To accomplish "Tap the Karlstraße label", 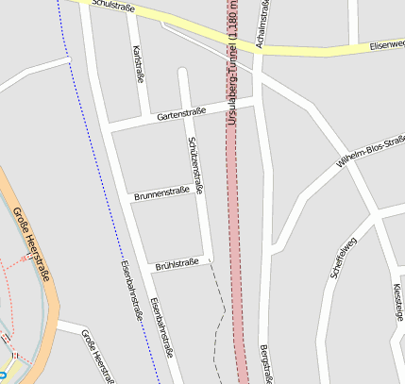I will (140, 64).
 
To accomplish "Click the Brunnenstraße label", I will (168, 193).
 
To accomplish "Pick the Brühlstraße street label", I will (177, 264).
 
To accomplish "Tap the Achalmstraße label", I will (263, 25).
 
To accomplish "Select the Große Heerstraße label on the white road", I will (97, 356).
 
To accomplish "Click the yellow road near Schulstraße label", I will (189, 26).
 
